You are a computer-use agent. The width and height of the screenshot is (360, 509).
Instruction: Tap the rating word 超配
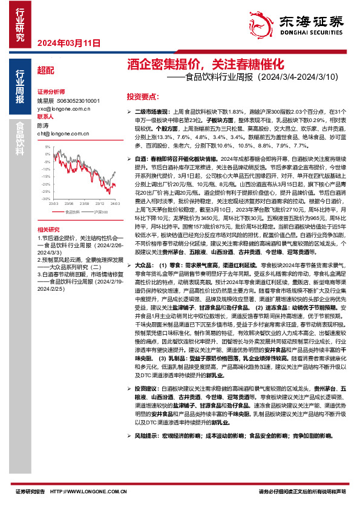tap(45, 70)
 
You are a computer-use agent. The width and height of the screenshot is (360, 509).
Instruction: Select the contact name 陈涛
tap(43, 125)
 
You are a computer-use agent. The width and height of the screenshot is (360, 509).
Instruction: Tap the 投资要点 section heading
tap(142, 97)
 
